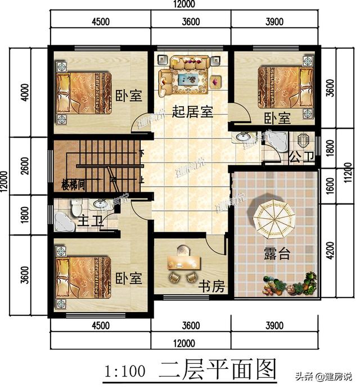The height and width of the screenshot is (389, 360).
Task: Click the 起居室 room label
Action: pyautogui.click(x=192, y=112)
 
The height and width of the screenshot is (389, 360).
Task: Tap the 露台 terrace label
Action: pyautogui.click(x=277, y=253)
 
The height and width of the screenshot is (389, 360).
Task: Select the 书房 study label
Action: pyautogui.click(x=212, y=287)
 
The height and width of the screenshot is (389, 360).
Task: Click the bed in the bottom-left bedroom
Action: pyautogui.click(x=84, y=276)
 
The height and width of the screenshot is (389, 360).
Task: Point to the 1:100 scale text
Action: pyautogui.click(x=125, y=371)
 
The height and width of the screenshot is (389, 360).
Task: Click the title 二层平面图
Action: pyautogui.click(x=218, y=370)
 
